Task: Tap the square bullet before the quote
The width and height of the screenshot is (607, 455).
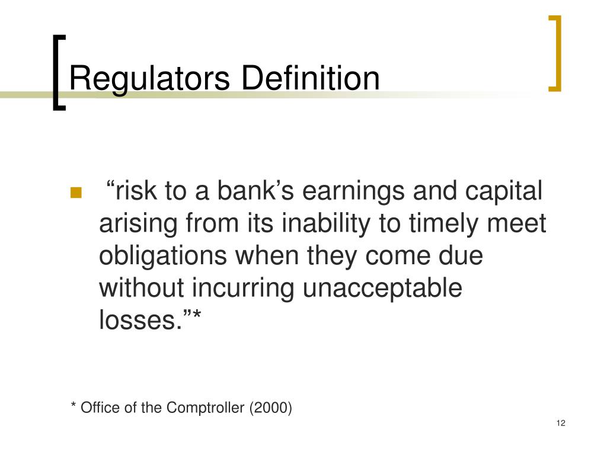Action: (76, 193)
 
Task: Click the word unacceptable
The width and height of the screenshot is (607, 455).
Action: (382, 289)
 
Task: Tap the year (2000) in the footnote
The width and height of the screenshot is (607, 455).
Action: (271, 408)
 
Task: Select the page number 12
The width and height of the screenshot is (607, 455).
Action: (561, 423)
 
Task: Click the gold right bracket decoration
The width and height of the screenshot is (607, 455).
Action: (555, 53)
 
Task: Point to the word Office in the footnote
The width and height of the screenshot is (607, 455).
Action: (96, 408)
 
